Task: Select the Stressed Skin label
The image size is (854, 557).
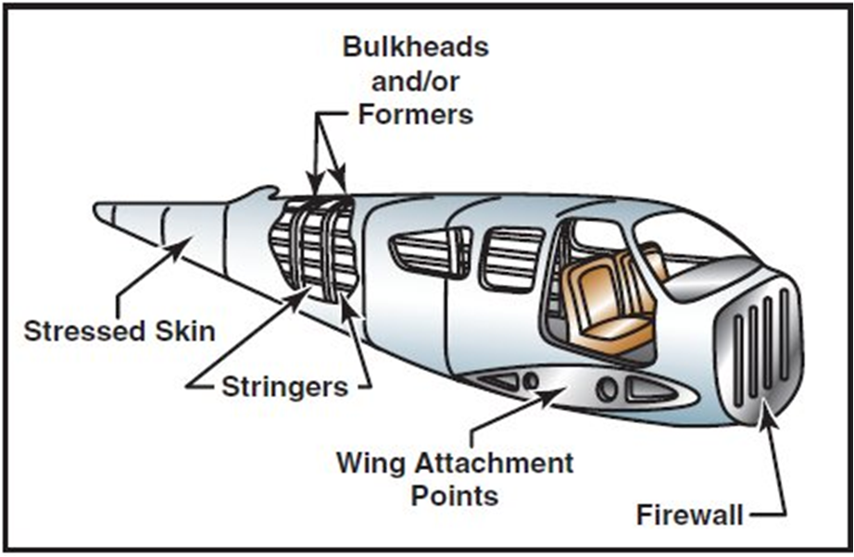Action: point(119,330)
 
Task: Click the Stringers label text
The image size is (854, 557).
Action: point(284,385)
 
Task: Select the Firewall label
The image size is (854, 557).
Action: point(690,514)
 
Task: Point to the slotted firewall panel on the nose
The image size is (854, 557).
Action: point(755,347)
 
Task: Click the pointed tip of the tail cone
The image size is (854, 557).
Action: point(98,212)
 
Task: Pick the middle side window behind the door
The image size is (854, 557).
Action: point(510,257)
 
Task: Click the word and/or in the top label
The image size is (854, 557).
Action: point(415,80)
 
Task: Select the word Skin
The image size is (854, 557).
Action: point(184,330)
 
